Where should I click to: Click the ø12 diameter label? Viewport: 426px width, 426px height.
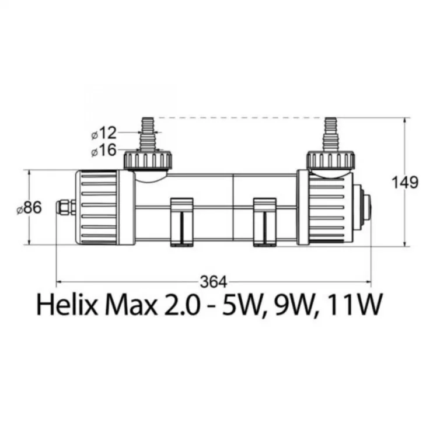pos(104,133)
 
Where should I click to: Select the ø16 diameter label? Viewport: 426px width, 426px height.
pos(104,150)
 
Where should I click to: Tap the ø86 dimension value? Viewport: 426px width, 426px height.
pos(29,208)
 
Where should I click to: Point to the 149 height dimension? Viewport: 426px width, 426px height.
pos(404,182)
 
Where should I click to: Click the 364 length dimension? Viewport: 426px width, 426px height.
pos(213,282)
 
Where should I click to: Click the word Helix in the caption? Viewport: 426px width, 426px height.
pos(67,304)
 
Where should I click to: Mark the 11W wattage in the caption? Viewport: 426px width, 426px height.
pos(354,304)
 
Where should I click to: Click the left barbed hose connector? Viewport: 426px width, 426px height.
pos(148,134)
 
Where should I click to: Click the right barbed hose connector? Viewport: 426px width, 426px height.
pos(331,134)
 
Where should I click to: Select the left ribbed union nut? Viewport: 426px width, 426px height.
pos(148,160)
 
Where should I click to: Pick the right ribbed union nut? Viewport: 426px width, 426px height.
pos(331,160)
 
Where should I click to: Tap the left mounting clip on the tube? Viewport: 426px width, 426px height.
pos(181,222)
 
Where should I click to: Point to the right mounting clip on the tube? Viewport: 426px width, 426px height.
pos(264,222)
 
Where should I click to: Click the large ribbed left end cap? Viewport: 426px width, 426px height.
pos(105,207)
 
